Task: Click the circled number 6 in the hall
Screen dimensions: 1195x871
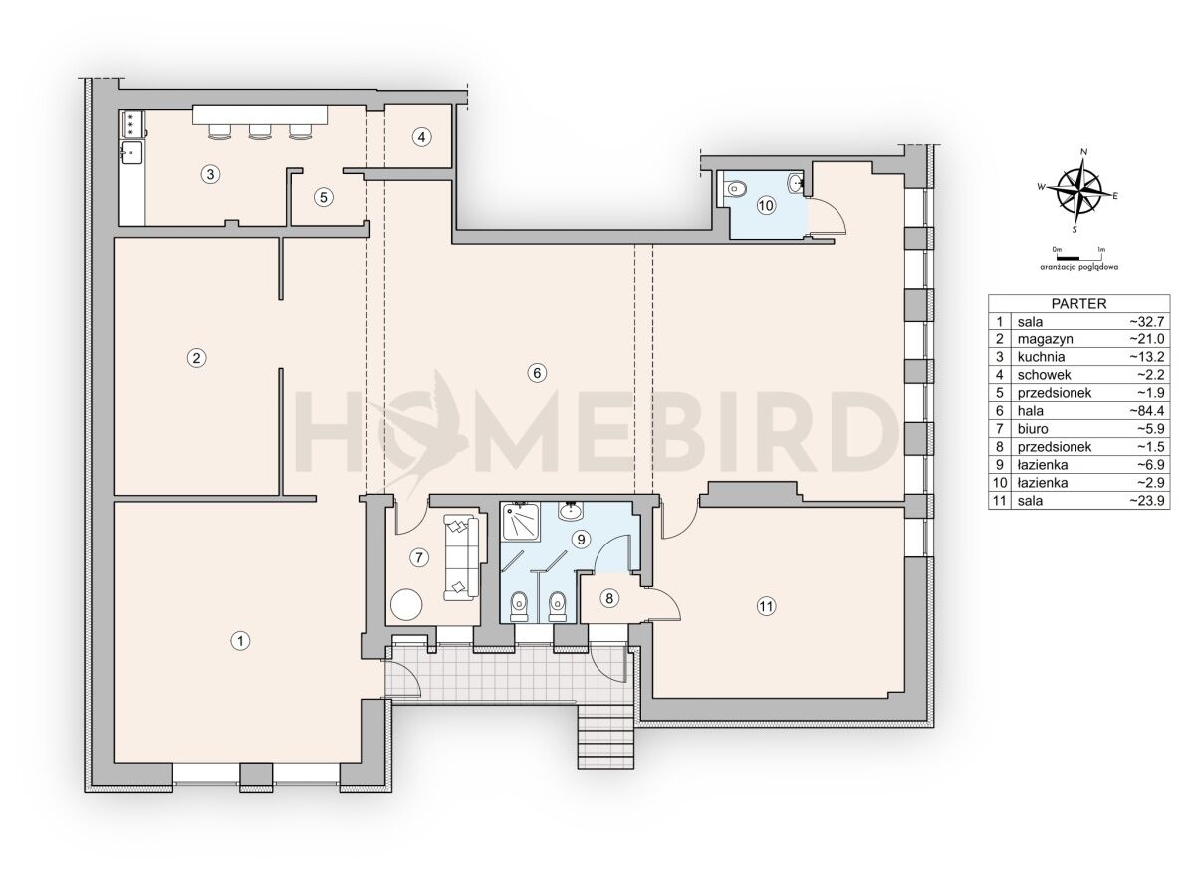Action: pos(537,373)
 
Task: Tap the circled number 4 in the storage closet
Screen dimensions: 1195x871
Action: pos(421,137)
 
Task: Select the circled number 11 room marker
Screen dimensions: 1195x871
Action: pos(766,606)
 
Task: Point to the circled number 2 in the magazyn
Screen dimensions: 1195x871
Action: pos(197,358)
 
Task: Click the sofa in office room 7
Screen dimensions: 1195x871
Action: pos(461,557)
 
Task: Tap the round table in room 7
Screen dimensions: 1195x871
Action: pos(406,604)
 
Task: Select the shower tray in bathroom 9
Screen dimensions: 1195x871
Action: pos(520,521)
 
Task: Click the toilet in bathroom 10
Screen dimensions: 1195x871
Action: pos(735,188)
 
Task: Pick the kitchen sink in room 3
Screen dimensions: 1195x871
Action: pos(131,153)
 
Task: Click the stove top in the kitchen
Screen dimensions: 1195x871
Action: pos(130,124)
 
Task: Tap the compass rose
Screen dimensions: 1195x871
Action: pos(1079,191)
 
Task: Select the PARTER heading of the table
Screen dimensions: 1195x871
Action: pos(1078,303)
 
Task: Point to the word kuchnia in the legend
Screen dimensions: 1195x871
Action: pos(1041,356)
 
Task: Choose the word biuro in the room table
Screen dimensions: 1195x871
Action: pos(1033,429)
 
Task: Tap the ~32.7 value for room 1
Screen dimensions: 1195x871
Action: pos(1146,322)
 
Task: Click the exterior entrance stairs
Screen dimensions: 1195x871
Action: pos(606,737)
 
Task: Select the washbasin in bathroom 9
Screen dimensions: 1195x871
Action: pos(571,511)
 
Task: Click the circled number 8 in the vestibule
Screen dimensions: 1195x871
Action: pos(609,598)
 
